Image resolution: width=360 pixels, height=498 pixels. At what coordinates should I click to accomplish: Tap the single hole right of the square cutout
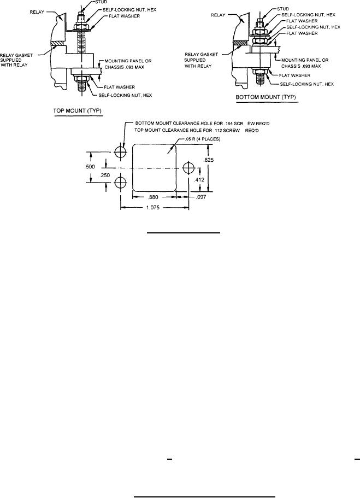click(x=188, y=167)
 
